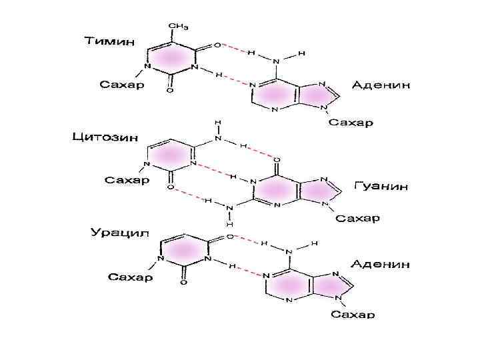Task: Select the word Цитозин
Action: (105, 138)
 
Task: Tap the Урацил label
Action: (120, 233)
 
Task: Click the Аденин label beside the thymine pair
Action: (381, 86)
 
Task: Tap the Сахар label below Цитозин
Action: (128, 180)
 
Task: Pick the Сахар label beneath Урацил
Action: (131, 277)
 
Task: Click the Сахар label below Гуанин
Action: (357, 218)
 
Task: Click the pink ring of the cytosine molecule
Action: (170, 155)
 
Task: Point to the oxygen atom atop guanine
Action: (277, 160)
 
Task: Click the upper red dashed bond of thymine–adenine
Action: (233, 47)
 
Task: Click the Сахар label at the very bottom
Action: (353, 314)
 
